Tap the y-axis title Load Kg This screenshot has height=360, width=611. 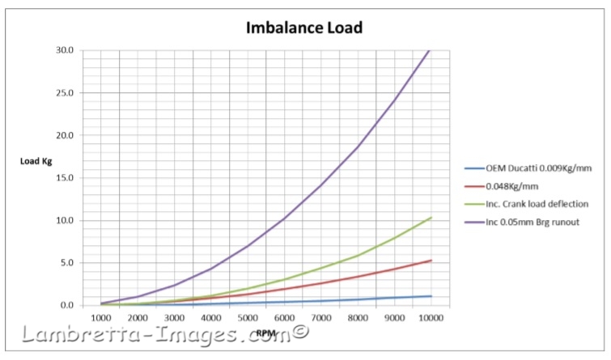point(37,159)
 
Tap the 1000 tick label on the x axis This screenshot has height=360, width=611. point(101,320)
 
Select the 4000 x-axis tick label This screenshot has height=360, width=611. point(210,320)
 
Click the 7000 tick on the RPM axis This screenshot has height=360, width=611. point(320,320)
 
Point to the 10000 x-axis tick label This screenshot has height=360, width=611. point(429,320)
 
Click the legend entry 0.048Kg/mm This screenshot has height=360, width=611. point(511,185)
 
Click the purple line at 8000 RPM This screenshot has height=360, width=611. point(356,146)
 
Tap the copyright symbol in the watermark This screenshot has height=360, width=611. point(300,330)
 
